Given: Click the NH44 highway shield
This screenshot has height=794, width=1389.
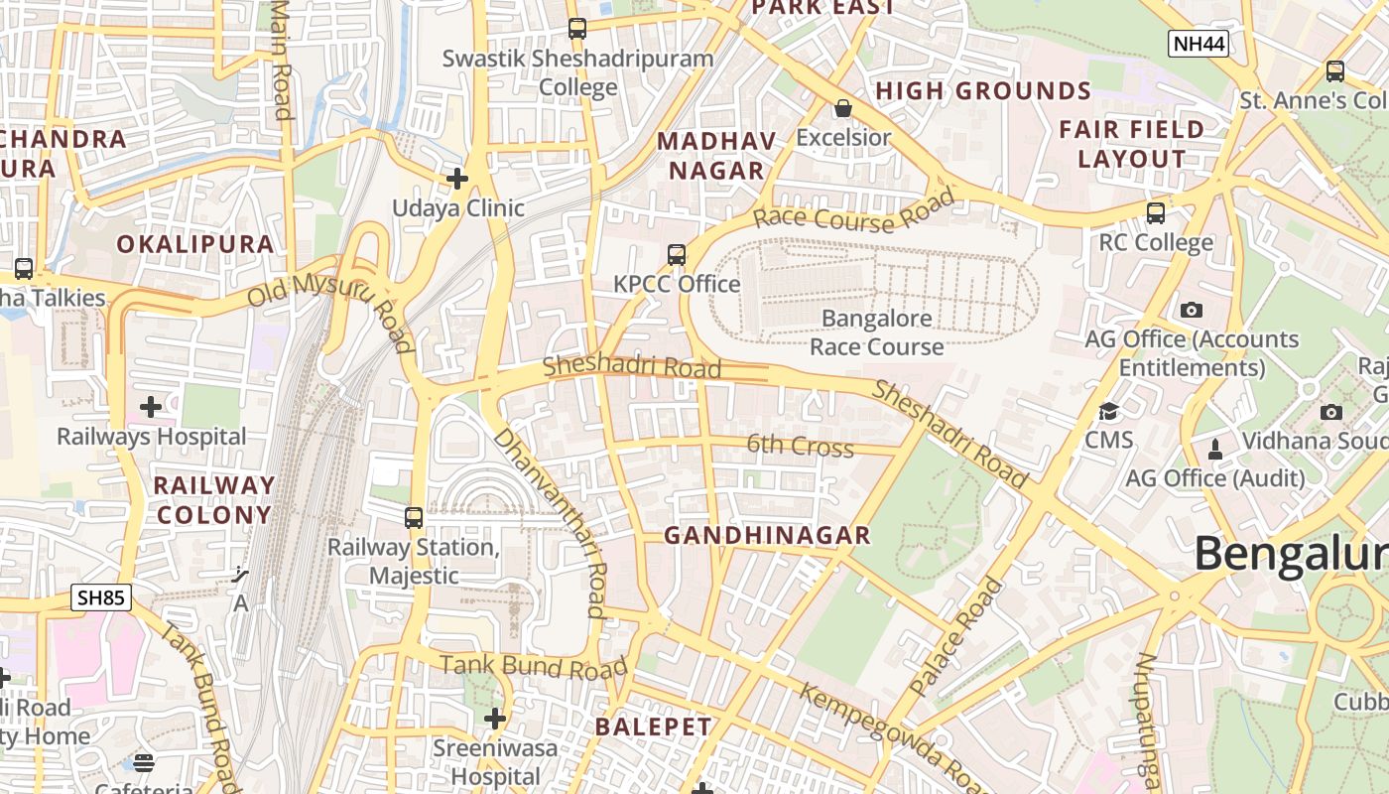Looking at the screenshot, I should (x=1199, y=44).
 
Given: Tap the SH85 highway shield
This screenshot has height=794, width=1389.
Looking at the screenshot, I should (x=101, y=597).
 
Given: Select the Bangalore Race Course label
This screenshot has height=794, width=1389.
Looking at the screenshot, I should (x=877, y=332).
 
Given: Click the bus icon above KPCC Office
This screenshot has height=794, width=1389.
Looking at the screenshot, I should (x=677, y=255).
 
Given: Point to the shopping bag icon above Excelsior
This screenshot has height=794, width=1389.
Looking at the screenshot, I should (x=843, y=108).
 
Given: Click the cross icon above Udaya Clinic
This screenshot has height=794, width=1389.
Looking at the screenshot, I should (x=457, y=179).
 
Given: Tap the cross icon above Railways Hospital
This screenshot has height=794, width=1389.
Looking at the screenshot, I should (x=151, y=407).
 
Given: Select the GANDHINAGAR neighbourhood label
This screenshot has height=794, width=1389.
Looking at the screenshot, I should (x=767, y=536).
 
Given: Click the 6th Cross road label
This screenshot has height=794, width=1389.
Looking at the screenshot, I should (x=800, y=446).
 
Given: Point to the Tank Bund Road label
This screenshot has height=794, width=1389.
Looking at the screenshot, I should (x=534, y=666).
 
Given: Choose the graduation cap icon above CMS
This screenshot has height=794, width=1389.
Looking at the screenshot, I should (x=1108, y=411).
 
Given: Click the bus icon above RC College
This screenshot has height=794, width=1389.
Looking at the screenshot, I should (x=1156, y=213).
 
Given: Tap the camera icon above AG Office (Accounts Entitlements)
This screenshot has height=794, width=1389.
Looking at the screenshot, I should (x=1192, y=310).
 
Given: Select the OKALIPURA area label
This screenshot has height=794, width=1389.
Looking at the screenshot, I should (x=195, y=244).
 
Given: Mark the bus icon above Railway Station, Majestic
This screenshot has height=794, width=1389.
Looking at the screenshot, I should (x=414, y=517).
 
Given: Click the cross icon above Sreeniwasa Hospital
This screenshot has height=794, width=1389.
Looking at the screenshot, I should (x=495, y=718).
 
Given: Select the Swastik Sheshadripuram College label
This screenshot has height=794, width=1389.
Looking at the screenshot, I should (x=577, y=72).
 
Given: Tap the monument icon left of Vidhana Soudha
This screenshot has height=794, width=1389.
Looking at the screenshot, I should (x=1215, y=449).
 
